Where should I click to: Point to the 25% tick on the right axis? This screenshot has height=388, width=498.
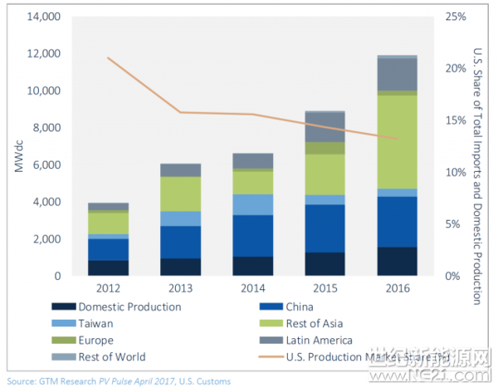point(456,17)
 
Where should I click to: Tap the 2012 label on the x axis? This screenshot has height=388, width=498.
point(108,290)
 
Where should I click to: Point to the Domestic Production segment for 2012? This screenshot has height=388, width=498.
point(108,268)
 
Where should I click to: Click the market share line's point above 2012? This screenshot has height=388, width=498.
point(108,57)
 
